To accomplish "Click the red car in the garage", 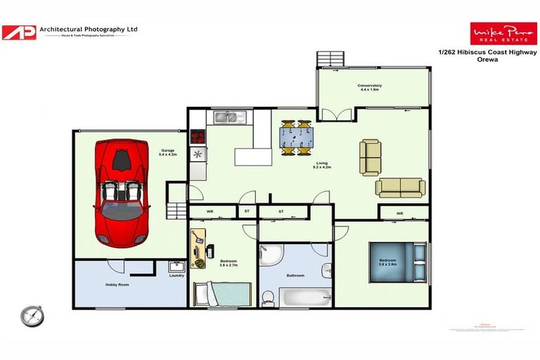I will click(122, 191).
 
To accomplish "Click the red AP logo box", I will click(19, 32).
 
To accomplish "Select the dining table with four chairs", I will click(296, 137).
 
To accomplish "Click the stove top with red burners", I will click(198, 136).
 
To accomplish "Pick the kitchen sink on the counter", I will click(229, 117).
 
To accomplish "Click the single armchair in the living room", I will click(370, 157).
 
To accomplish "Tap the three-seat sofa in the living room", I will click(399, 187).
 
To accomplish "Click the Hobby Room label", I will click(117, 284).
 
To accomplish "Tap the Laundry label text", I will click(176, 275).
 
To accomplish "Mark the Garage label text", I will click(167, 150).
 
